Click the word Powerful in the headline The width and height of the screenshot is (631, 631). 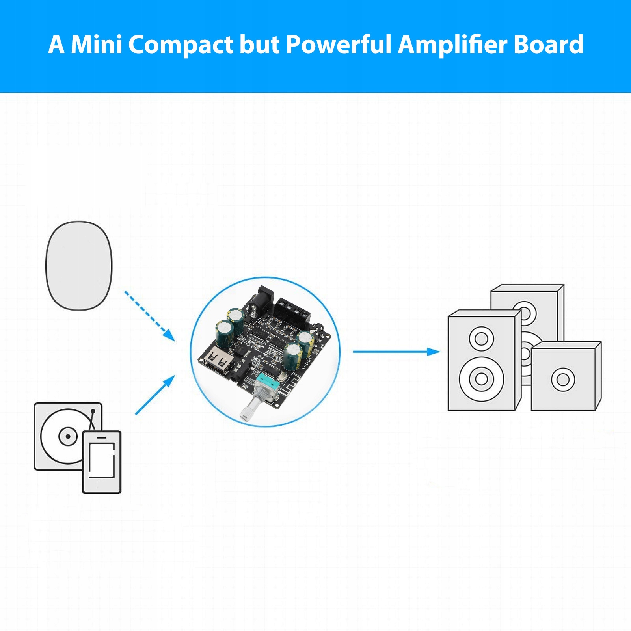(338, 44)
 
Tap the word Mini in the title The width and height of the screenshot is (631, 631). (97, 44)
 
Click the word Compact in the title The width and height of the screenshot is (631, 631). (181, 44)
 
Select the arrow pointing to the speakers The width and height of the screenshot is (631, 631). (396, 351)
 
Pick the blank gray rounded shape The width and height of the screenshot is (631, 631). (79, 266)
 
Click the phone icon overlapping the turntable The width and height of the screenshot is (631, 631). (102, 462)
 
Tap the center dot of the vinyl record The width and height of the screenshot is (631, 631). (68, 436)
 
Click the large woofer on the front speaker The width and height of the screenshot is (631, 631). (481, 379)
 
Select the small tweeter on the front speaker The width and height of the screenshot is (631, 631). (481, 338)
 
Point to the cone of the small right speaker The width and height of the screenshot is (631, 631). (563, 380)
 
